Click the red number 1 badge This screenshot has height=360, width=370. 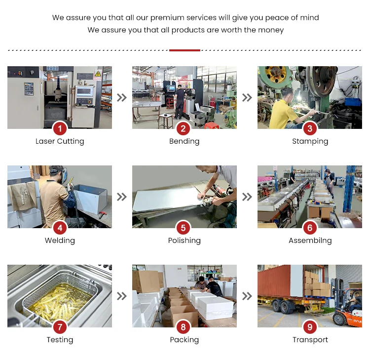(x=60, y=128)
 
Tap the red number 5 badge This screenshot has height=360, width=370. (x=183, y=228)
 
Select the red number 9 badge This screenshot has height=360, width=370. (x=310, y=327)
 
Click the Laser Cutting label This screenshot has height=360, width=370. (x=60, y=141)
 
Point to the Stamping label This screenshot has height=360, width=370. (x=310, y=141)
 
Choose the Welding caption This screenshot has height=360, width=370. (x=60, y=240)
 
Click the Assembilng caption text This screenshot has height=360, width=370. (x=310, y=240)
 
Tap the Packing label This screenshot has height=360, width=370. (x=185, y=340)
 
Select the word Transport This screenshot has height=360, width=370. (x=310, y=340)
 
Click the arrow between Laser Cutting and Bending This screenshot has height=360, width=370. (x=122, y=97)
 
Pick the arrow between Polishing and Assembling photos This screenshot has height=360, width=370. (x=247, y=197)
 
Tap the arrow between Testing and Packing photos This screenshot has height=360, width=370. (x=122, y=296)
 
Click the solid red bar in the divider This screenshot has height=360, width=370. (x=185, y=50)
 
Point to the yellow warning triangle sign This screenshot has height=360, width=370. (x=98, y=74)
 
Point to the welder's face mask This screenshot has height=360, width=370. (x=63, y=174)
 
